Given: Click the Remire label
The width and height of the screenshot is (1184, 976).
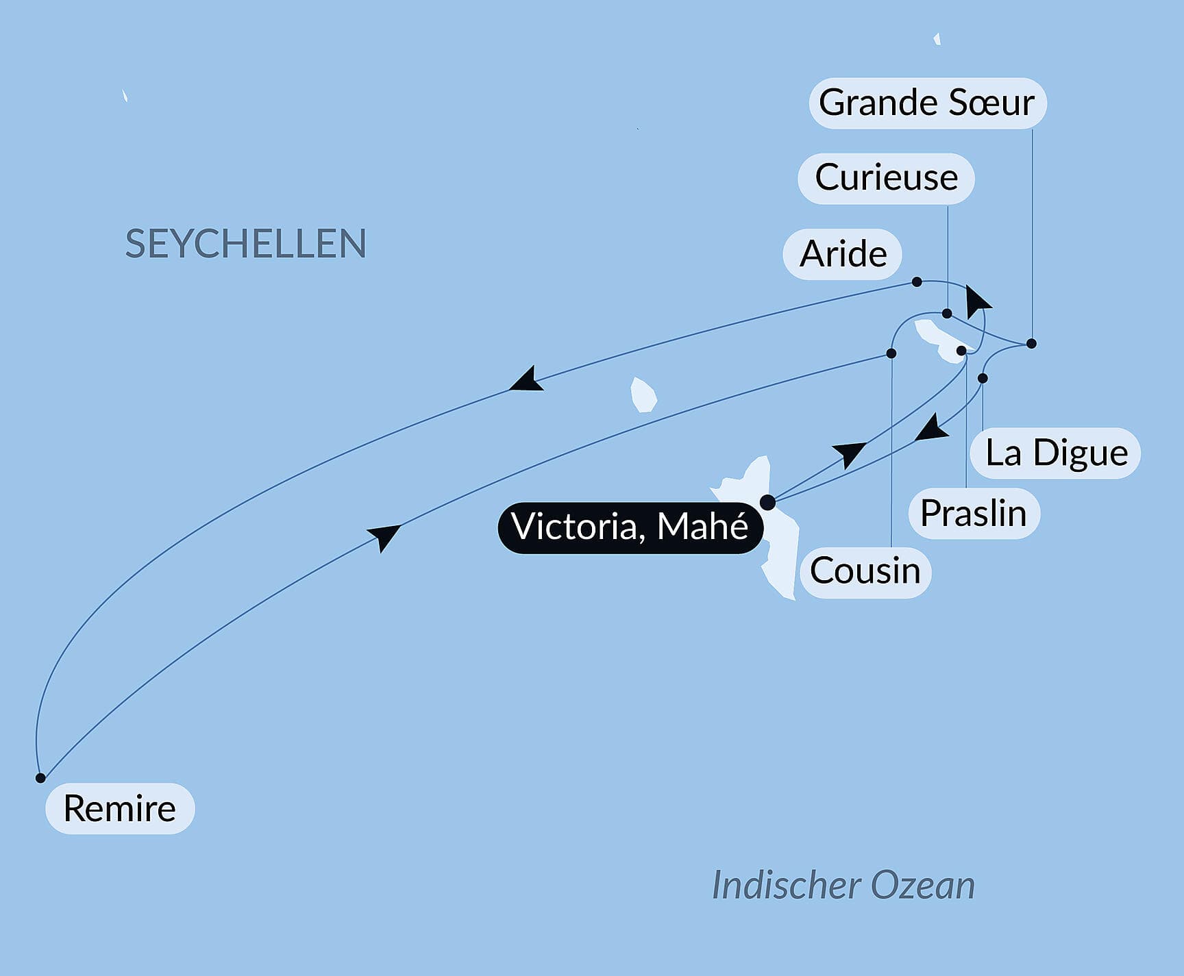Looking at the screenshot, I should pos(120,808).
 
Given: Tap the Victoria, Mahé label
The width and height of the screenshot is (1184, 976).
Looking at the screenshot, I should pos(630,527).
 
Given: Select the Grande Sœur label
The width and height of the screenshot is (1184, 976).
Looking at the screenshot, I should pos(927,103).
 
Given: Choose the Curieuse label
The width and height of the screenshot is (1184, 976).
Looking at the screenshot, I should pos(886,178).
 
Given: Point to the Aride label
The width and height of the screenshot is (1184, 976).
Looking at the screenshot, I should pos(843,254).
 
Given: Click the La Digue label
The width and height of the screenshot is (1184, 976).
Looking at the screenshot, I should pos(1056,453).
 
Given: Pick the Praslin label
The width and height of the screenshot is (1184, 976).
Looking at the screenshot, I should pos(974,513).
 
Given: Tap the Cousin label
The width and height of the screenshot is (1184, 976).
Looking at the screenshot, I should pos(865,571).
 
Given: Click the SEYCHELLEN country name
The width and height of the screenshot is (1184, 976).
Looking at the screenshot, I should pos(245,244).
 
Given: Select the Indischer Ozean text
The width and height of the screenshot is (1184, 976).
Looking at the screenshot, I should pos(843,885).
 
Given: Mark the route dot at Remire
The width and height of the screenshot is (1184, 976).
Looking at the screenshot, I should pos(40,778).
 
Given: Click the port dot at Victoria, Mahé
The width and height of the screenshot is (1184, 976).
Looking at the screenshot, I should pos(768,502).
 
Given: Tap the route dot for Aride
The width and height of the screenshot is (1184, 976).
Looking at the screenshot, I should pos(917,282).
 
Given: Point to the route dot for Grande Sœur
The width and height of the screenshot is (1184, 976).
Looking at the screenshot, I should pos(1031,343).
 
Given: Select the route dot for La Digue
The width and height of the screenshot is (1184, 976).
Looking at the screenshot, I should pos(983,378).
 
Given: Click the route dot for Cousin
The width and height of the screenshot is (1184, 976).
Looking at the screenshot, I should pos(891,353).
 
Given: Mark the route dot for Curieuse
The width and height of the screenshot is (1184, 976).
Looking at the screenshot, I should pos(947,314).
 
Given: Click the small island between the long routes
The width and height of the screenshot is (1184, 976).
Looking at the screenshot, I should pos(643,395).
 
